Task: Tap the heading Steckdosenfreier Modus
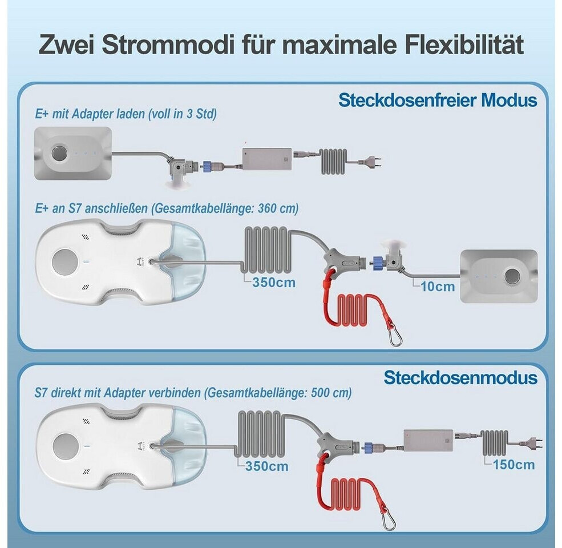click(x=438, y=100)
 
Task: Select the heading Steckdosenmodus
click(x=460, y=378)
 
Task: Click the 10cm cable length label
click(x=438, y=287)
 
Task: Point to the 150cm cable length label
click(x=514, y=465)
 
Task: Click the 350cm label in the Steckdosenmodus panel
click(x=266, y=466)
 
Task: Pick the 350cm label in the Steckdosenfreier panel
click(x=274, y=282)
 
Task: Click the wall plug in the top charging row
click(x=373, y=162)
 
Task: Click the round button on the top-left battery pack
click(x=59, y=153)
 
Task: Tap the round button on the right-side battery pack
click(x=512, y=276)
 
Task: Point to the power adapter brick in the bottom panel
click(x=428, y=441)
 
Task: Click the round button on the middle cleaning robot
click(x=64, y=261)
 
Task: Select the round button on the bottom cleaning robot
click(x=65, y=446)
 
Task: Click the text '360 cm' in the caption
click(x=278, y=208)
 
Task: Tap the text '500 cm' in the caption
click(x=331, y=393)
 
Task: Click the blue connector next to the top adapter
click(x=207, y=166)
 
